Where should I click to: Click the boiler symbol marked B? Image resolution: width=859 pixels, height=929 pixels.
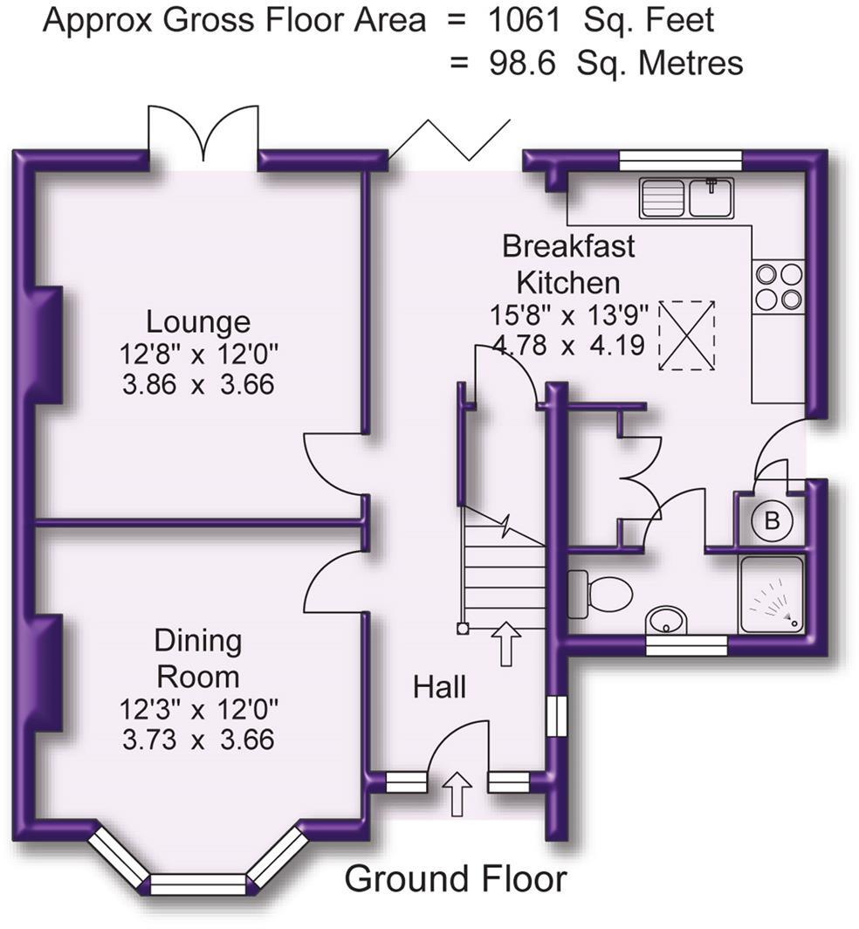point(772,522)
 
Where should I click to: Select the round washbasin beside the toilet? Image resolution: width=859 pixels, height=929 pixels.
point(668,622)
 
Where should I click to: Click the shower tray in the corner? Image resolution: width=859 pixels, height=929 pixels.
point(771,595)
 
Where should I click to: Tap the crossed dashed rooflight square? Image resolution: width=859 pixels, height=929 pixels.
point(687,335)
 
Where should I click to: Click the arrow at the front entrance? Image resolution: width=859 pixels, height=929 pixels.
point(457,794)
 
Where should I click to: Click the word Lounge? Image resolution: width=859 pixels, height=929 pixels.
point(198,322)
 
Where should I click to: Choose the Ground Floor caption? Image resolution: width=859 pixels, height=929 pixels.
point(456,878)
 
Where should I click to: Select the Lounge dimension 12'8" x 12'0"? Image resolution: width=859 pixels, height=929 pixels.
point(198,354)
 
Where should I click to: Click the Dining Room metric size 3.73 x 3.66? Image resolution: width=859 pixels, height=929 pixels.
point(198,740)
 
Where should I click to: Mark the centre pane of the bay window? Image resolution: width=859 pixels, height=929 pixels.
point(198,884)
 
